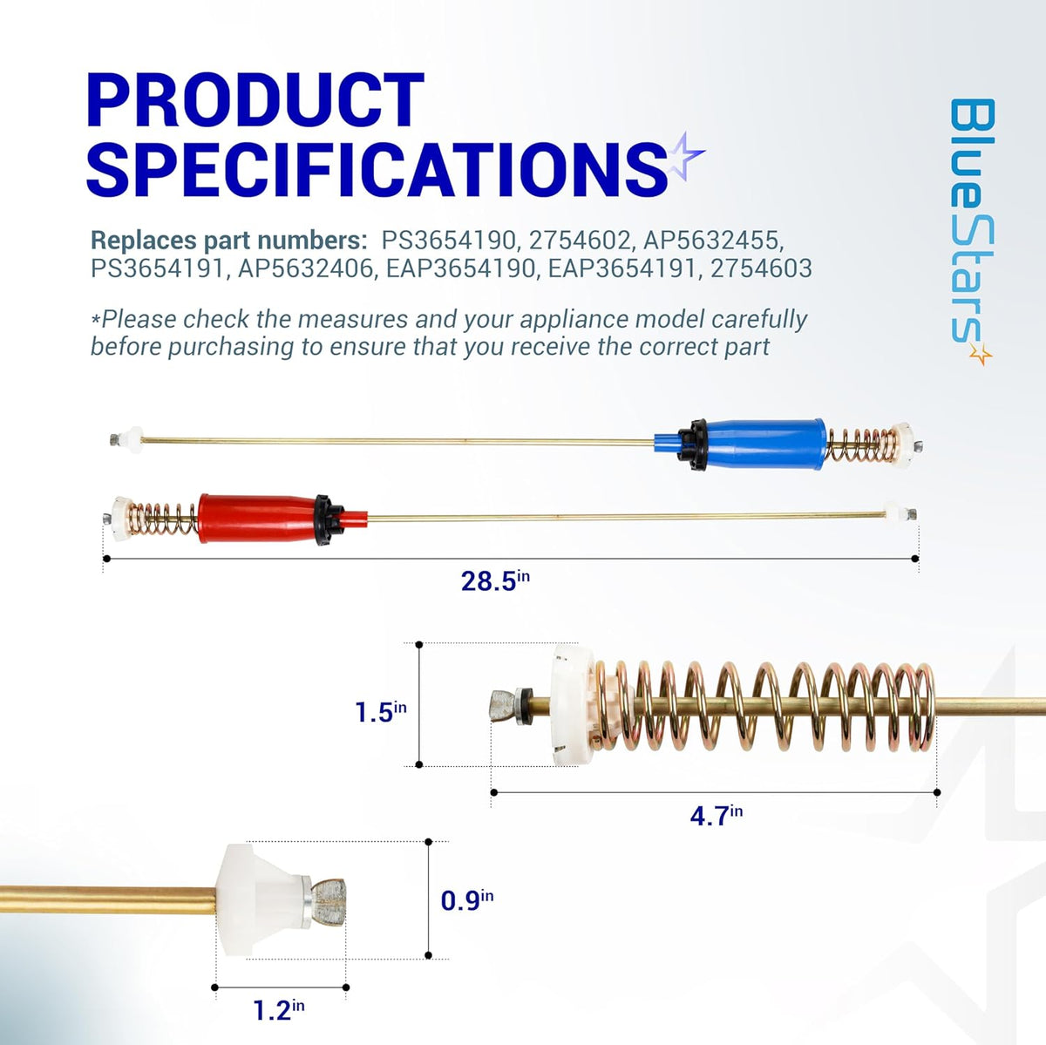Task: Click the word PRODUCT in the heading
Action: pyautogui.click(x=255, y=100)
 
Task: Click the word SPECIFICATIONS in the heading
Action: pyautogui.click(x=377, y=169)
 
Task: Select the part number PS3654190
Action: pyautogui.click(x=449, y=240)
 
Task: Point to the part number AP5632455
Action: pyautogui.click(x=714, y=240)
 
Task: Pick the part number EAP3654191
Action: pyautogui.click(x=622, y=268)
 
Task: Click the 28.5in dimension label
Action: pyautogui.click(x=495, y=580)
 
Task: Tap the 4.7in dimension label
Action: pyautogui.click(x=716, y=816)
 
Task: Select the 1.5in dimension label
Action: pyautogui.click(x=381, y=711)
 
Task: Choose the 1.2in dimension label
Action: pyautogui.click(x=278, y=1008)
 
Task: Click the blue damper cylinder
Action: pyautogui.click(x=763, y=444)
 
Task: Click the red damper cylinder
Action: pyautogui.click(x=258, y=519)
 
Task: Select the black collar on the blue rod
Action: pyautogui.click(x=692, y=444)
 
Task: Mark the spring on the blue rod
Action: pyautogui.click(x=860, y=445)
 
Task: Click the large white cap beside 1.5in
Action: pyautogui.click(x=572, y=704)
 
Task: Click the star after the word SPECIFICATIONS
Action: pyautogui.click(x=685, y=155)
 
